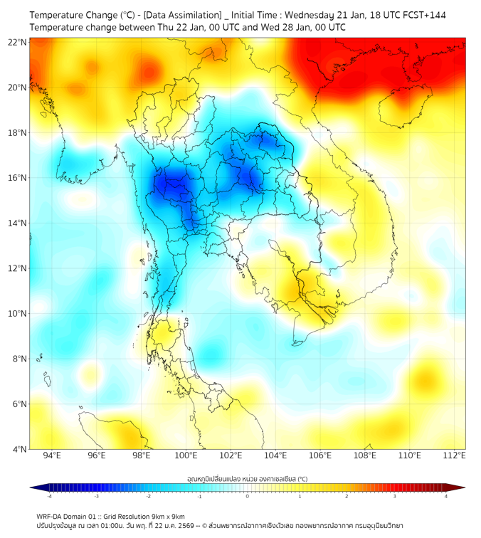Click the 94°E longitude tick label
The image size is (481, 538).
click(52, 455)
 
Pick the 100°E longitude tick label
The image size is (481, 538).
click(186, 455)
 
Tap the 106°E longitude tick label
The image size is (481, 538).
click(320, 455)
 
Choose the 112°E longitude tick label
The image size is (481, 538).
click(454, 455)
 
